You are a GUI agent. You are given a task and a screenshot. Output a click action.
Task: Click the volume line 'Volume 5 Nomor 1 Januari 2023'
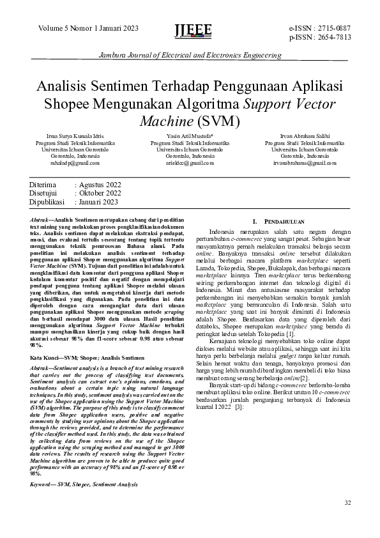pyautogui.click(x=87, y=28)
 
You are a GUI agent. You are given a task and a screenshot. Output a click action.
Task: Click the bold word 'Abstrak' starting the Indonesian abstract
pyautogui.click(x=41, y=220)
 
